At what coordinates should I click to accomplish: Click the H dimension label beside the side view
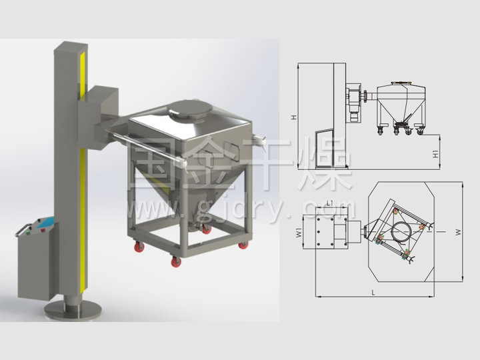[x=294, y=117]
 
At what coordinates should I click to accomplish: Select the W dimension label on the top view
[x=457, y=233]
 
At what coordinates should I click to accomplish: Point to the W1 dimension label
[x=299, y=233]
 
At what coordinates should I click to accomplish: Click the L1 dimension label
[x=330, y=203]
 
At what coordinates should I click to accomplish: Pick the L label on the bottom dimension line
[x=373, y=293]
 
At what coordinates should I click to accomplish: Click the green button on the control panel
[x=28, y=233]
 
